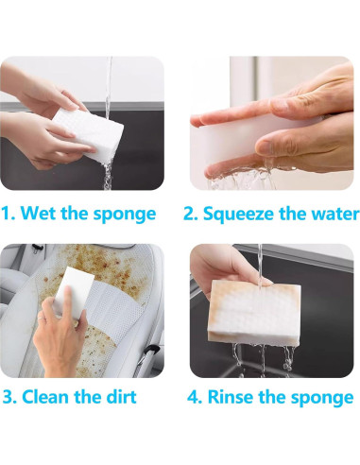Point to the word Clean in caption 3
[x=46, y=396]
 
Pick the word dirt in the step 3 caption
[x=121, y=396]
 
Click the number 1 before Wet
[x=8, y=214]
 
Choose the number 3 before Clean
[x=9, y=396]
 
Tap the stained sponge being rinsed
[x=254, y=311]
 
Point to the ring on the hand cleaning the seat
[x=41, y=319]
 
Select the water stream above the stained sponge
[x=260, y=264]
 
